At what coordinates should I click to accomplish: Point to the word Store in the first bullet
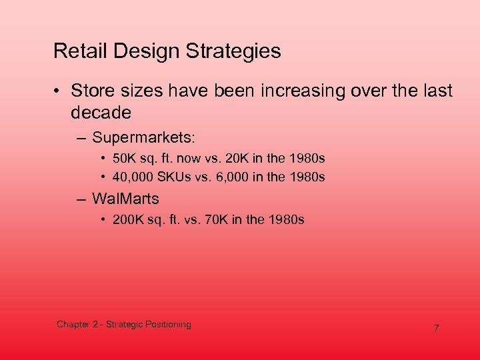click(91, 91)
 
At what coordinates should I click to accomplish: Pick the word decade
click(101, 112)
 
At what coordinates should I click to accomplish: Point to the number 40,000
click(133, 177)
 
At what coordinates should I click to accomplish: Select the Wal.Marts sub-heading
click(125, 199)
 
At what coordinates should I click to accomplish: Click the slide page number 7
click(436, 328)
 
